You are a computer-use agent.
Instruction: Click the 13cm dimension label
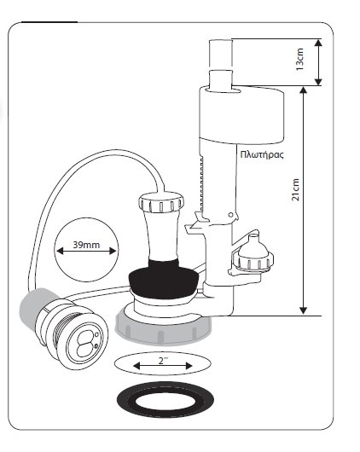point(299,59)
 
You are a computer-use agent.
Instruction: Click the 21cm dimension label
point(295,189)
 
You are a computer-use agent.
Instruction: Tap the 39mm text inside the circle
point(86,245)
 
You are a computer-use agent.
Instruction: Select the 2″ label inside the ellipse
point(163,361)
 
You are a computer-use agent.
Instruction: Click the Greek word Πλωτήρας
point(262,154)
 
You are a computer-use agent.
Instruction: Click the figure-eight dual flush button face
point(84,343)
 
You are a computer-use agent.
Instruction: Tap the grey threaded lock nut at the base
point(163,328)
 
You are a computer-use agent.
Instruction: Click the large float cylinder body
point(241,115)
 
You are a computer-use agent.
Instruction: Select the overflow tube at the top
point(220,63)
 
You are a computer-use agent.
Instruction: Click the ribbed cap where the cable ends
point(161,204)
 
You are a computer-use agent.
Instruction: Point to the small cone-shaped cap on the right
point(253,253)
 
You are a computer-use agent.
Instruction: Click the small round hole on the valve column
point(230,215)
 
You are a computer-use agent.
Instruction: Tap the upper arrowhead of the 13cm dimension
point(318,43)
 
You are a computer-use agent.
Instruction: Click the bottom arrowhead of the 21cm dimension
point(303,310)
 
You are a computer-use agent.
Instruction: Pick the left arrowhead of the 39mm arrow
point(60,251)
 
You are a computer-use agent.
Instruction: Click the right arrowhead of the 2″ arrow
point(189,366)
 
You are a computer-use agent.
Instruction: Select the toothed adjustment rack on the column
point(201,184)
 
